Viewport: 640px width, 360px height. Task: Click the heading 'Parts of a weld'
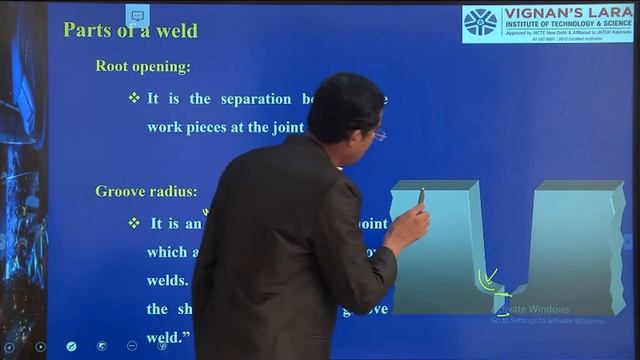pos(130,30)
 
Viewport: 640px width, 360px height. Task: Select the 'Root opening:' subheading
pos(143,67)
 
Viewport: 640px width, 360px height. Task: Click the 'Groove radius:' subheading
pos(146,191)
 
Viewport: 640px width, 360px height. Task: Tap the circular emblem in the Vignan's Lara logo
pos(480,22)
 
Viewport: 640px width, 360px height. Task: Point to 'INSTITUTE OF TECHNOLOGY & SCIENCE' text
pos(565,28)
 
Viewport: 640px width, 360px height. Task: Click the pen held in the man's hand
pos(421,196)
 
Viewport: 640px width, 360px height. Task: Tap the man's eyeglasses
pos(377,135)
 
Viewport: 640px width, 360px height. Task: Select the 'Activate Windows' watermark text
pos(534,309)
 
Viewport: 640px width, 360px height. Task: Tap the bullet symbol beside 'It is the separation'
pos(134,98)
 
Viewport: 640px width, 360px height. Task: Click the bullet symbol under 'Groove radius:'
pos(134,223)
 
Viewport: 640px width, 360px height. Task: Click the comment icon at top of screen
pos(137,15)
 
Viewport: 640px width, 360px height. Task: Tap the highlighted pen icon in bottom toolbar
pos(71,346)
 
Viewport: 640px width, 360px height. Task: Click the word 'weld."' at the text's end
pos(168,338)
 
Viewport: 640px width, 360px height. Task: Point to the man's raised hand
pos(410,228)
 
